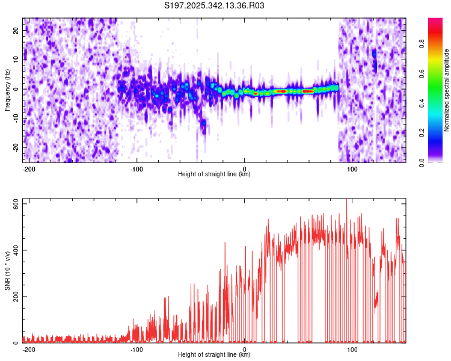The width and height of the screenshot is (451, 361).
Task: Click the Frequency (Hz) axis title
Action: point(7,90)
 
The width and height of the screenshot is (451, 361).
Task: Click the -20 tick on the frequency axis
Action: point(16,147)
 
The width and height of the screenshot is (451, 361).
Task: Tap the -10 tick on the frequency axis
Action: point(16,118)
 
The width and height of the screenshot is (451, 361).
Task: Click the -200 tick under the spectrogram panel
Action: point(28,169)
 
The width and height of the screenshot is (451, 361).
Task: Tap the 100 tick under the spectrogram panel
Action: point(352,169)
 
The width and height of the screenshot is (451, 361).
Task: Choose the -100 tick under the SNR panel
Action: point(137,350)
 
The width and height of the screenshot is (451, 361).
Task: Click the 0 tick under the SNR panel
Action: point(245,350)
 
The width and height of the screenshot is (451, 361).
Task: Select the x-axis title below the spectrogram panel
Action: point(214,174)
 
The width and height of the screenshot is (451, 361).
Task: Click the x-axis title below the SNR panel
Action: point(214,355)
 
